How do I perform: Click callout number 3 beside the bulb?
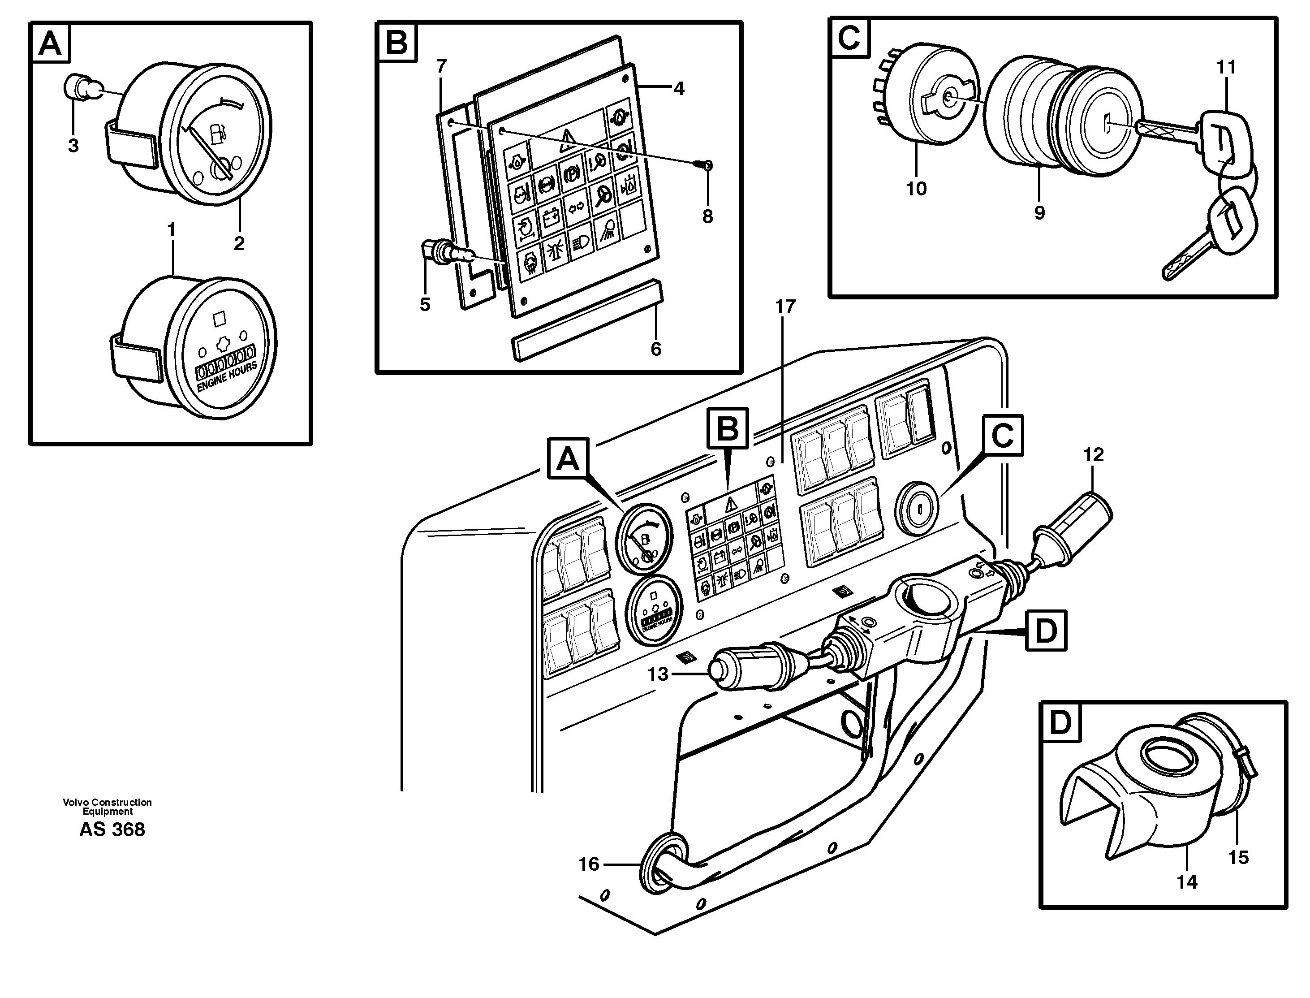[x=73, y=146]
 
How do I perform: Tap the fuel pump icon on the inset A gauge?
[x=218, y=135]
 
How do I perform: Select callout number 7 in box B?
[x=441, y=66]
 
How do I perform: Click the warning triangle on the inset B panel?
[x=568, y=140]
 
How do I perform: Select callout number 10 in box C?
[x=916, y=189]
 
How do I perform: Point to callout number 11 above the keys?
[x=1226, y=67]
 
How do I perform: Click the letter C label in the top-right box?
[x=849, y=38]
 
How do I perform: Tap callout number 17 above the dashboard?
[x=785, y=307]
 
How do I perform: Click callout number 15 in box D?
[x=1238, y=857]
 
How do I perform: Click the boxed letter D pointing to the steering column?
[x=1045, y=631]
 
